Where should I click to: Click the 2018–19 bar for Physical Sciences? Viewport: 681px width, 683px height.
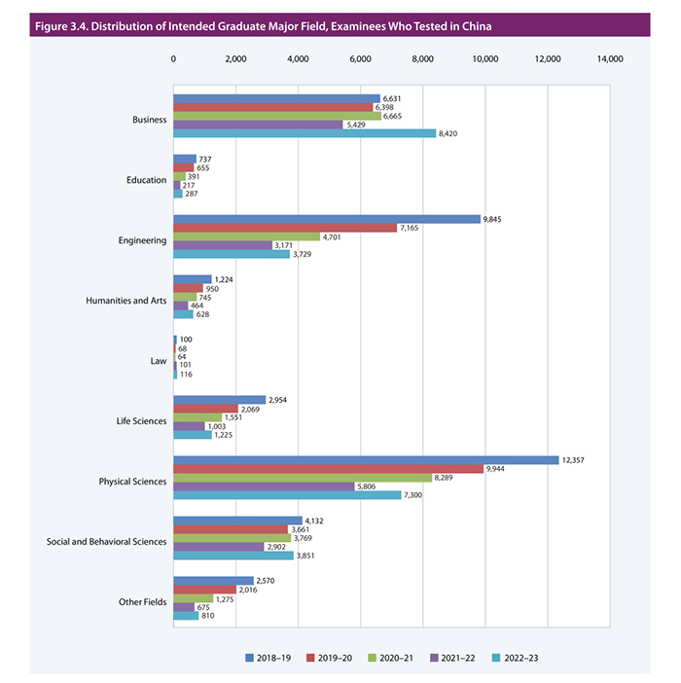(366, 459)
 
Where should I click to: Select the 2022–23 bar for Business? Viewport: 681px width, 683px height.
(305, 133)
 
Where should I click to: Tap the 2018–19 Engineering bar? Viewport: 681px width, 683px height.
(327, 219)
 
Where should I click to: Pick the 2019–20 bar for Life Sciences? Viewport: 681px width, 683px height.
(205, 409)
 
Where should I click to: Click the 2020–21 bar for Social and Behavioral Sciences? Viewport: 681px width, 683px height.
(232, 537)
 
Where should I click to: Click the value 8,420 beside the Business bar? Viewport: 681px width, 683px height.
(451, 133)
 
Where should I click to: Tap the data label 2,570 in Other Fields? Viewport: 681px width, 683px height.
(269, 581)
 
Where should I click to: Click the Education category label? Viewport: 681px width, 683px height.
(147, 180)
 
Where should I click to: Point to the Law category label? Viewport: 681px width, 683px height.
(158, 360)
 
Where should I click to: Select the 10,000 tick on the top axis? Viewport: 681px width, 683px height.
(484, 60)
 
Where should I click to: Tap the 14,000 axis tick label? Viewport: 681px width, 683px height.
(609, 60)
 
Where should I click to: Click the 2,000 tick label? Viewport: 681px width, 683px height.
(235, 60)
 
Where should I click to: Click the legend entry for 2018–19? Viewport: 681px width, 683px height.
(272, 659)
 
